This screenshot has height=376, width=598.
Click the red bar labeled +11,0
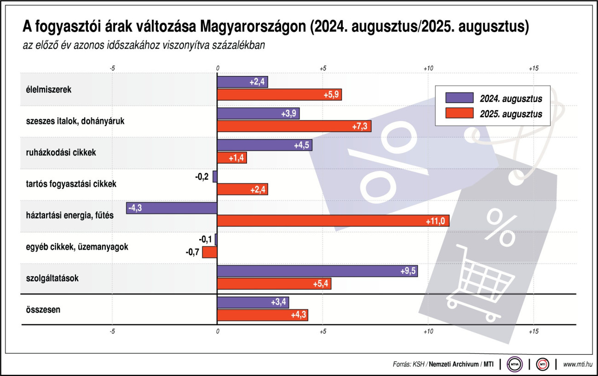pos(333,221)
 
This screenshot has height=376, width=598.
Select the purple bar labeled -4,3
pos(172,208)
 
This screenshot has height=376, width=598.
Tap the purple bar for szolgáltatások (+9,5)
pos(317,271)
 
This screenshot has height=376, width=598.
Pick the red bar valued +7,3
pos(294,126)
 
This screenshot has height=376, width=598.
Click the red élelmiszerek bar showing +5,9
pos(279,95)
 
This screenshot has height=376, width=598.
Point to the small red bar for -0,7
pos(210,252)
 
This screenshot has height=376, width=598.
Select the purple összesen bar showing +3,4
pos(253,302)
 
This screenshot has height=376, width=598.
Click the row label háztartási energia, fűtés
pos(69,215)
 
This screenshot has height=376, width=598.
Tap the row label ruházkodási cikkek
pos(61,152)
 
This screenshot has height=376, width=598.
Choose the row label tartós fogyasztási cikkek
pos(71,184)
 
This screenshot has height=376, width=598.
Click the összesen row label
pos(43,309)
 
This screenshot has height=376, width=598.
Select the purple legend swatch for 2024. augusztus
pos(459,98)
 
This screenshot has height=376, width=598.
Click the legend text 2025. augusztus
pos(511,114)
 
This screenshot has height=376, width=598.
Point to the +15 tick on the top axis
pos(533,68)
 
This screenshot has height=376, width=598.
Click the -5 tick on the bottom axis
pos(112,331)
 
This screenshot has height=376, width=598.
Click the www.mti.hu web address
pos(578,364)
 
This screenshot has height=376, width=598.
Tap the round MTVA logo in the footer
pos(514,364)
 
